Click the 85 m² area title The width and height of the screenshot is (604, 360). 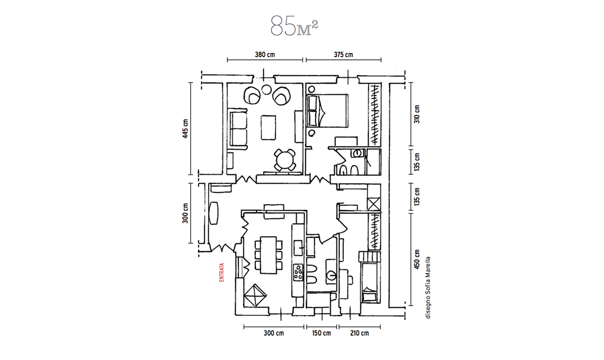tap(294, 26)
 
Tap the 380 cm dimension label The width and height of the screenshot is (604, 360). tap(265, 55)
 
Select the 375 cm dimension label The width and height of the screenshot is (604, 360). tap(343, 55)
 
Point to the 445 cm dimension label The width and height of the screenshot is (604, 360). tap(185, 129)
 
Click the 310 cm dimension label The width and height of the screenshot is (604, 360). tap(417, 114)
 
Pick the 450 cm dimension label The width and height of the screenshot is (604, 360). tap(417, 259)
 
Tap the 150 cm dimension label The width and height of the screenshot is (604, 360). tap(321, 333)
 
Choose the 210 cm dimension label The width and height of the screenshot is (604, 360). tap(359, 333)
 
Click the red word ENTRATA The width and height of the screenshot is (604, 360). tap(221, 273)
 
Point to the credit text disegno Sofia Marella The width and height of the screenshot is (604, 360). tap(428, 287)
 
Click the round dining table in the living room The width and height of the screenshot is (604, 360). tap(286, 160)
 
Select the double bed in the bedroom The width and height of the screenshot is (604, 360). tap(327, 111)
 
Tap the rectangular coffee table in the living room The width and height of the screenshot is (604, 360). tap(269, 128)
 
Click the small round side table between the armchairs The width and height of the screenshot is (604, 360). tap(266, 89)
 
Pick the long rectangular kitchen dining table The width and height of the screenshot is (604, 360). tap(269, 255)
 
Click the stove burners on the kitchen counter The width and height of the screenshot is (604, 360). tap(298, 272)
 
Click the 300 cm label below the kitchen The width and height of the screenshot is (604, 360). tap(273, 333)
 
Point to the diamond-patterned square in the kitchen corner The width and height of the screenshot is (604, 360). tap(255, 295)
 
